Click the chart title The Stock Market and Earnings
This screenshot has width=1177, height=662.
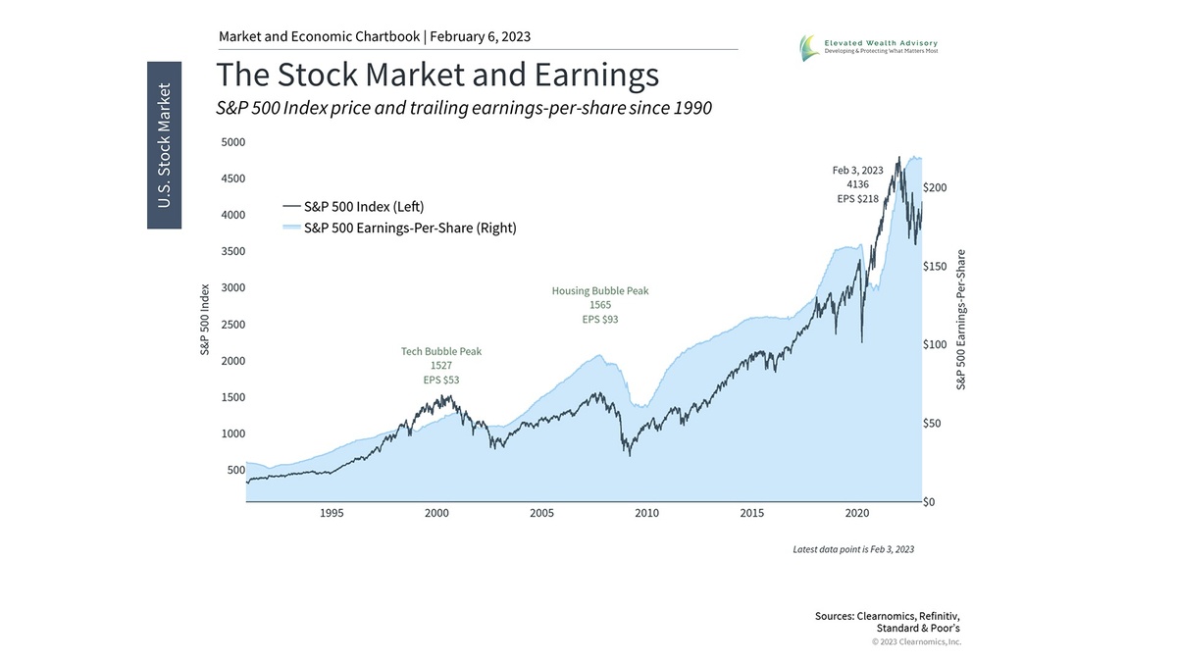pyautogui.click(x=437, y=76)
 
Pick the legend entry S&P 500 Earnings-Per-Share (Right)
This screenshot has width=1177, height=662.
pyautogui.click(x=409, y=228)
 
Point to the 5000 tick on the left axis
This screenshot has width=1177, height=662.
pyautogui.click(x=232, y=142)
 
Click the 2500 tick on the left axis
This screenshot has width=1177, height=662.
pyautogui.click(x=232, y=325)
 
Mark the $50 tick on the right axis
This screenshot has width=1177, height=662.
pyautogui.click(x=936, y=424)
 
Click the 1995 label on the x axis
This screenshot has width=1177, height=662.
pyautogui.click(x=332, y=513)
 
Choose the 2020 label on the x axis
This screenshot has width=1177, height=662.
pyautogui.click(x=857, y=513)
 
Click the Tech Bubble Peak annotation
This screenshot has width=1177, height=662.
pyautogui.click(x=441, y=351)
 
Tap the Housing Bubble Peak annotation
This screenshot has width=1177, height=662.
pyautogui.click(x=599, y=291)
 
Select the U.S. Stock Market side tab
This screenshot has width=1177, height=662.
pyautogui.click(x=165, y=145)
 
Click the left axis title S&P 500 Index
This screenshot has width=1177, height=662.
pyautogui.click(x=206, y=322)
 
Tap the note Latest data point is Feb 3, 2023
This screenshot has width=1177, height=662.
pyautogui.click(x=853, y=549)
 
